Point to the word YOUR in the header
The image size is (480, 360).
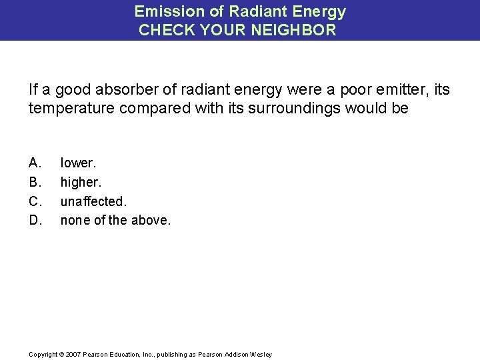pos(211,30)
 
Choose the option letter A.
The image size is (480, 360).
pos(35,162)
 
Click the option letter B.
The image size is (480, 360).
pos(35,181)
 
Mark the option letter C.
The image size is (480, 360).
pos(35,200)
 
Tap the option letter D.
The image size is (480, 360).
pos(35,219)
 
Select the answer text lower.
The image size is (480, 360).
pos(78,162)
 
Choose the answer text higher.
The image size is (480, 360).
pos(80,181)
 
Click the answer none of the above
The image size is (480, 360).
pos(115,219)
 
